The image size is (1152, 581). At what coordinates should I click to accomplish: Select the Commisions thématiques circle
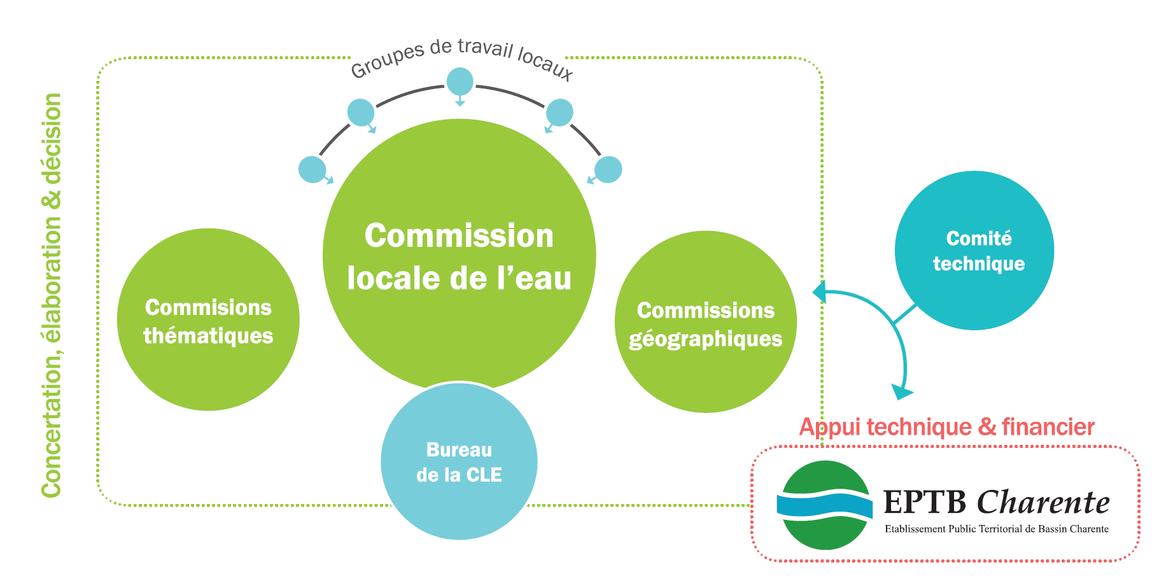click(x=208, y=319)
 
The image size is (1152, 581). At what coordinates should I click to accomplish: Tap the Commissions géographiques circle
click(x=705, y=322)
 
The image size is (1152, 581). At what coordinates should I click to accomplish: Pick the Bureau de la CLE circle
click(x=459, y=461)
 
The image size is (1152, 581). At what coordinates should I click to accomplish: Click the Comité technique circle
click(x=974, y=250)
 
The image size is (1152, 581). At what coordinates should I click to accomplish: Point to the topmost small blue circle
click(x=460, y=81)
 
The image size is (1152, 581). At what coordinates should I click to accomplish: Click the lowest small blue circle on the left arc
click(x=312, y=169)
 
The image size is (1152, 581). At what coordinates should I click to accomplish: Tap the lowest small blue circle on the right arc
click(x=608, y=169)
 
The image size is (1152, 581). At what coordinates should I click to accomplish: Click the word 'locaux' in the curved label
click(x=545, y=64)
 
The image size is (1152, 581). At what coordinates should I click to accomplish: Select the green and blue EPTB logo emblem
click(x=825, y=505)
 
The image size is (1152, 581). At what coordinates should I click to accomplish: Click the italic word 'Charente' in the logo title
click(x=1043, y=503)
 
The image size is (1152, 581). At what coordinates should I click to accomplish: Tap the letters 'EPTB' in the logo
click(x=925, y=503)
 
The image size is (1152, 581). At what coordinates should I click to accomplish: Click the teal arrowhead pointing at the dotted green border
click(x=819, y=292)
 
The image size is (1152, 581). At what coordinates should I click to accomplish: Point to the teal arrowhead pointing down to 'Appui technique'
click(x=902, y=391)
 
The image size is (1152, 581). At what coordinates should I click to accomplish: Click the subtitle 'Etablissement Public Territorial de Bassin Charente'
click(x=996, y=529)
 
